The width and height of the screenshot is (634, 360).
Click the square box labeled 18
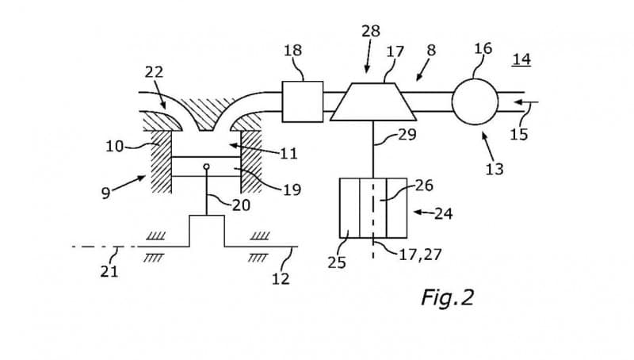pyautogui.click(x=303, y=101)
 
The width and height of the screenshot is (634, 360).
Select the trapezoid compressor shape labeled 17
pyautogui.click(x=372, y=102)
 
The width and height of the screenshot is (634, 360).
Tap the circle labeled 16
pyautogui.click(x=475, y=101)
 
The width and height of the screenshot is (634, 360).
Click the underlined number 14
pyautogui.click(x=521, y=59)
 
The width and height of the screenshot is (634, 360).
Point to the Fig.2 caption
pyautogui.click(x=448, y=297)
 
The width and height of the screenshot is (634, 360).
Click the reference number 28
pyautogui.click(x=371, y=31)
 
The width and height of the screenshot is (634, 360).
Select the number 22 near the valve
pyautogui.click(x=154, y=72)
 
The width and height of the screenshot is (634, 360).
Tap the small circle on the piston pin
pyautogui.click(x=207, y=167)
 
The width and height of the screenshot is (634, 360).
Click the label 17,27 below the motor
pyautogui.click(x=420, y=255)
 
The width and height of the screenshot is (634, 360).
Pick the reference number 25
pyautogui.click(x=337, y=262)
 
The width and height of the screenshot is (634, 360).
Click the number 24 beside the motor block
pyautogui.click(x=443, y=213)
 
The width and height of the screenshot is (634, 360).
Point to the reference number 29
pyautogui.click(x=407, y=134)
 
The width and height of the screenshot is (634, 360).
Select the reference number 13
pyautogui.click(x=495, y=169)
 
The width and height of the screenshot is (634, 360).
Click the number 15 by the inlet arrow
pyautogui.click(x=519, y=134)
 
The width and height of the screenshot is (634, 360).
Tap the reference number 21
pyautogui.click(x=109, y=271)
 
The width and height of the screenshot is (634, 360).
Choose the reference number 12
pyautogui.click(x=281, y=278)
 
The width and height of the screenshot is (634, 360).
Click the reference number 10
pyautogui.click(x=114, y=146)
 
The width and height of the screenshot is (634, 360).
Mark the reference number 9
pyautogui.click(x=105, y=193)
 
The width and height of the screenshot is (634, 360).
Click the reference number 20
pyautogui.click(x=241, y=205)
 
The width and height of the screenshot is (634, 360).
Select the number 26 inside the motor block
pyautogui.click(x=424, y=186)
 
